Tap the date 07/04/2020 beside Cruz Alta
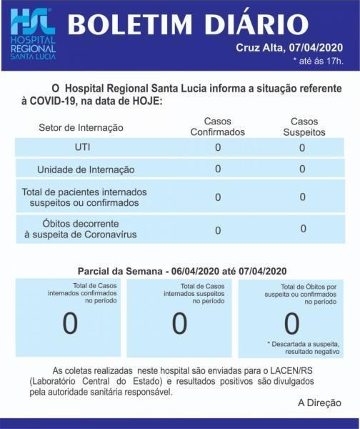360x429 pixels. (x=314, y=48)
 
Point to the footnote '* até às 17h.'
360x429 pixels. (x=319, y=60)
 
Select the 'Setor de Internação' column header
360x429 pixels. (x=81, y=127)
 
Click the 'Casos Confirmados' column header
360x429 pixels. (x=218, y=127)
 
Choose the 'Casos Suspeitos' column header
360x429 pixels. (x=302, y=127)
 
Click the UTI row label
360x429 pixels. (x=82, y=147)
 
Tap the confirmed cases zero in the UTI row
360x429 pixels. (x=218, y=147)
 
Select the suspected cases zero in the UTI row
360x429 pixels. (x=302, y=148)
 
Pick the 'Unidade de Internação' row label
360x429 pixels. (x=86, y=169)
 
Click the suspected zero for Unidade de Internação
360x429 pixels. (x=302, y=169)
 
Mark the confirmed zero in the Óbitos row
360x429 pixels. (x=218, y=230)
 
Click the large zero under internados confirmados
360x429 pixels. (x=70, y=324)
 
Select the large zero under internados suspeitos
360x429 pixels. (x=179, y=324)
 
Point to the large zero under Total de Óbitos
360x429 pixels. (x=291, y=324)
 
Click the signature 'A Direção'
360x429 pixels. (x=319, y=403)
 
